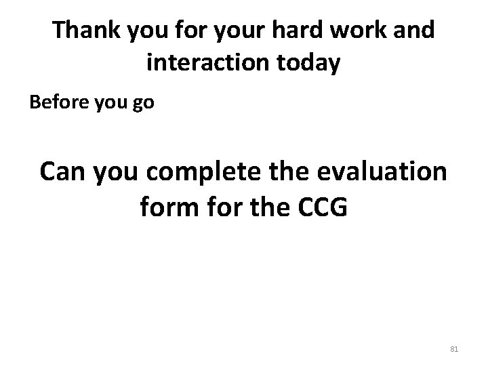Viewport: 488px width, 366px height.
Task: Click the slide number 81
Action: coord(454,348)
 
